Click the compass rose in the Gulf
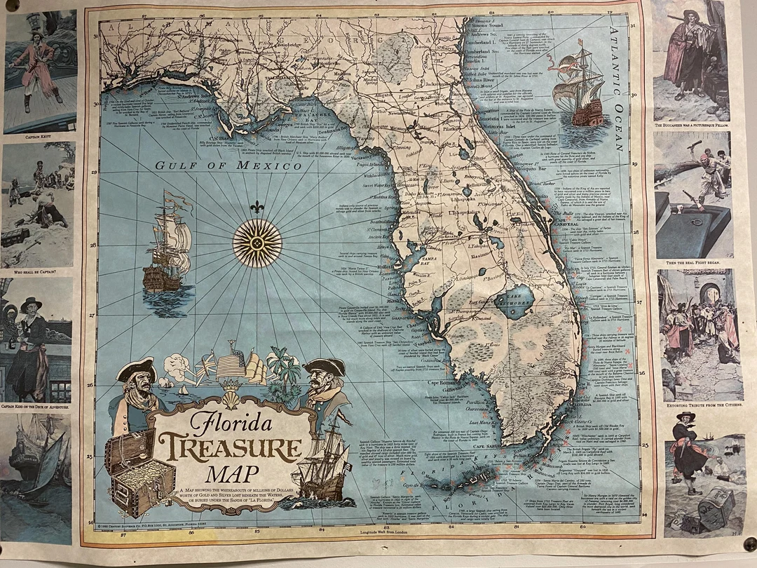[257, 243]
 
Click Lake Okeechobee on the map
[515, 301]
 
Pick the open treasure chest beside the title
[138, 473]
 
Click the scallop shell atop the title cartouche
[231, 400]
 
